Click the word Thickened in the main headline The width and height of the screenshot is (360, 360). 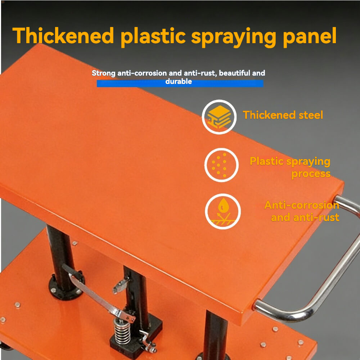[63, 36]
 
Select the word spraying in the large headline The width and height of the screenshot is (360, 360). [234, 37]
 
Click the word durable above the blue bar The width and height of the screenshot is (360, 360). [179, 81]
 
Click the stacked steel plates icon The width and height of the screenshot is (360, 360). [219, 117]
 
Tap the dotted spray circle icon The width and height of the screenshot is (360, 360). [221, 165]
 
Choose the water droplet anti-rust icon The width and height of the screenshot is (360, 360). [223, 211]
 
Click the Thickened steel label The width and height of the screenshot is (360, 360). [283, 115]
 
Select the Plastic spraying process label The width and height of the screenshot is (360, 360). [290, 167]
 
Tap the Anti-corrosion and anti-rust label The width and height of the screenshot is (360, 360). [302, 211]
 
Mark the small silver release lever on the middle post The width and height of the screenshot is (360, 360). [120, 286]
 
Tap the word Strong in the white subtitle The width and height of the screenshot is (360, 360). [104, 73]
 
